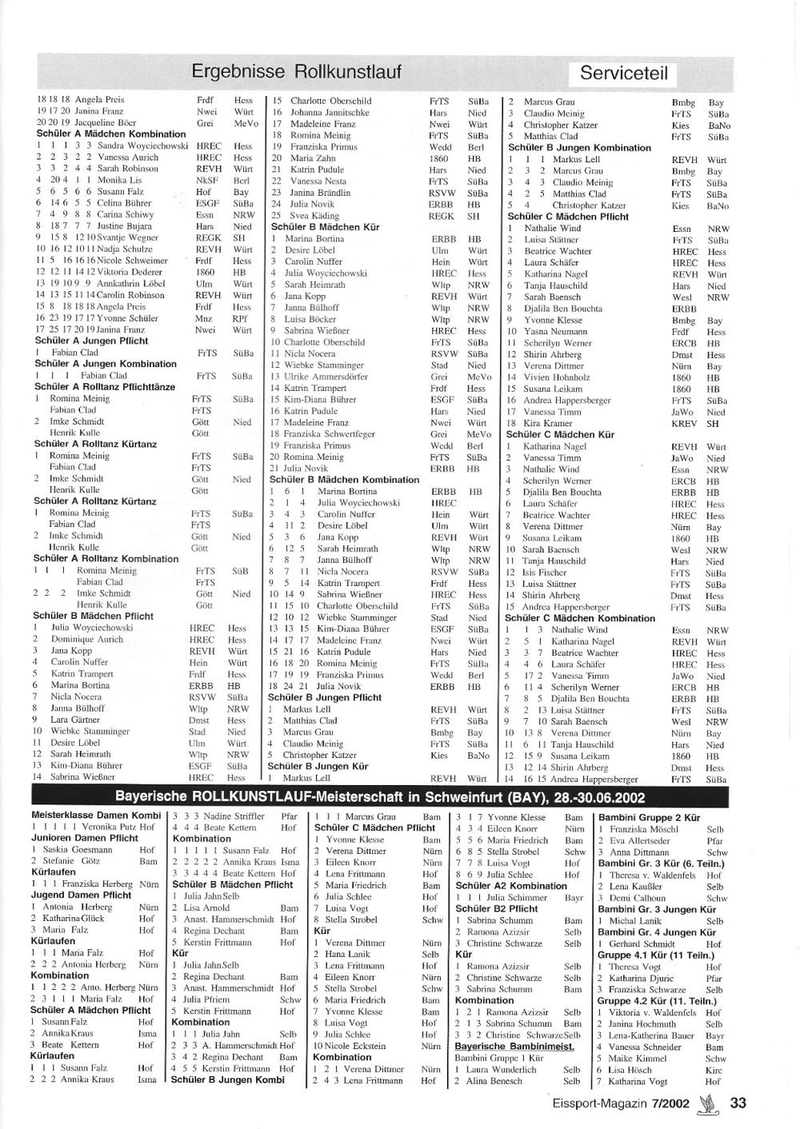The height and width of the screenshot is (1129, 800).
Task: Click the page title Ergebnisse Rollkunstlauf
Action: tap(297, 73)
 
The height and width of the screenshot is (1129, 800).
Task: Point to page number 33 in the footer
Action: tap(738, 1103)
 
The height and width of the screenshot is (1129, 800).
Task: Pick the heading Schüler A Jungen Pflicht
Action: tap(91, 341)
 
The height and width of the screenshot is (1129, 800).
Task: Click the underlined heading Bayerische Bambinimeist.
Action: tap(514, 1046)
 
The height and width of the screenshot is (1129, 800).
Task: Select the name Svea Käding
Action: tap(314, 216)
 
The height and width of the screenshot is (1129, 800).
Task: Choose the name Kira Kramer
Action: tap(548, 423)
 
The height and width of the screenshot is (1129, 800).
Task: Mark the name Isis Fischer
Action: tap(545, 572)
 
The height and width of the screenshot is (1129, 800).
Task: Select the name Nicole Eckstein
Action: tap(360, 1046)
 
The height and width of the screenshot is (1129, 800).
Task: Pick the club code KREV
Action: tap(685, 424)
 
